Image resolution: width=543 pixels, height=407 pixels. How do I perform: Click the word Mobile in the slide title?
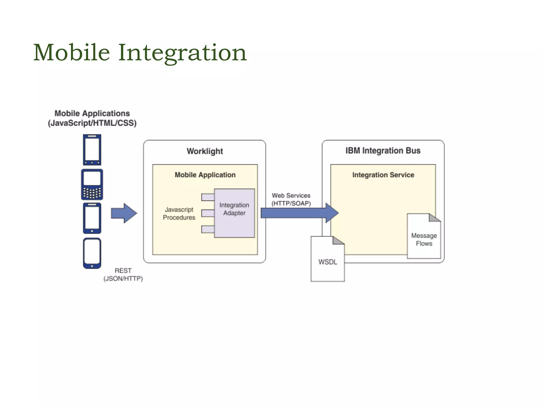(72, 52)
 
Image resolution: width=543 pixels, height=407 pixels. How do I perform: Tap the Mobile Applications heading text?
(92, 113)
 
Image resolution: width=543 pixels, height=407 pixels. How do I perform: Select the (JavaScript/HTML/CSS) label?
(92, 123)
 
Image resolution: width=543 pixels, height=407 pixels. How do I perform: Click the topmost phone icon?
(92, 150)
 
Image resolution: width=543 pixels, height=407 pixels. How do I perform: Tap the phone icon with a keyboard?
(92, 184)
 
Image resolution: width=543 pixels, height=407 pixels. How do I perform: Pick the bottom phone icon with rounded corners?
(92, 253)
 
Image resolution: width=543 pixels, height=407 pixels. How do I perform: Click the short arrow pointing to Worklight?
(124, 213)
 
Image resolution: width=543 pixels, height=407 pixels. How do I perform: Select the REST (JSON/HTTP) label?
(123, 275)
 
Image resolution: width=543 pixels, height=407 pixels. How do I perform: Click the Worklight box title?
(205, 151)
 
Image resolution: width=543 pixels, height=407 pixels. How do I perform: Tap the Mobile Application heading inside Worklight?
(205, 175)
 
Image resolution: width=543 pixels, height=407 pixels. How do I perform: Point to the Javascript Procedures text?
(179, 213)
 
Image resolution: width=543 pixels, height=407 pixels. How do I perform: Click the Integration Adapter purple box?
(234, 213)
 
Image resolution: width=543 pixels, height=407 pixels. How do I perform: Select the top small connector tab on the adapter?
(208, 197)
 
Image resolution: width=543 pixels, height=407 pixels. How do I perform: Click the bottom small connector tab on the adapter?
(208, 229)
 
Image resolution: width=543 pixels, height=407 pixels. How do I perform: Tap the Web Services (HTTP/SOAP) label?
(291, 199)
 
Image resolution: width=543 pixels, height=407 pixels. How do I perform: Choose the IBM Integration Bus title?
(383, 151)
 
